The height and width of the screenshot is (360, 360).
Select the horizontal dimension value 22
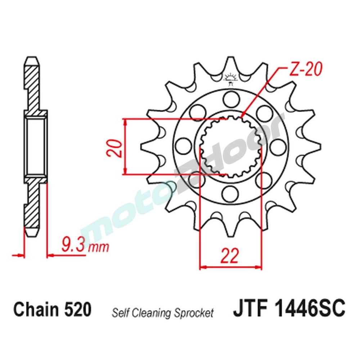230,256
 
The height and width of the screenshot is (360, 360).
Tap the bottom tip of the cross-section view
31,232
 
